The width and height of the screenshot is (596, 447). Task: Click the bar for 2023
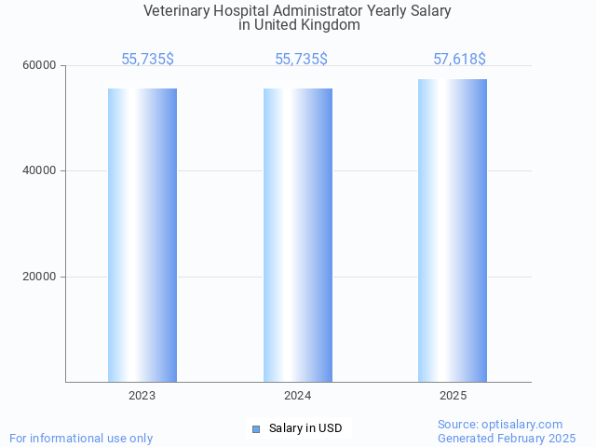point(142,235)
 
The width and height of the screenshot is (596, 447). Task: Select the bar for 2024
point(298,235)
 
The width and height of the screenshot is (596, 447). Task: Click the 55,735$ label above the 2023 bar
point(147,60)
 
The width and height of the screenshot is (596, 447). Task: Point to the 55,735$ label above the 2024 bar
point(301,60)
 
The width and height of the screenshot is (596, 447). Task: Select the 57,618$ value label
point(459,60)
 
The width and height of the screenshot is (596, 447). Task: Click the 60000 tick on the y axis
point(41,65)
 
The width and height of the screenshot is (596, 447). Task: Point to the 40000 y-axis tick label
point(41,171)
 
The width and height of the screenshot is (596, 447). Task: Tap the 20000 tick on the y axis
point(41,277)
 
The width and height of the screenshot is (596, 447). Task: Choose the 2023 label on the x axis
point(142,396)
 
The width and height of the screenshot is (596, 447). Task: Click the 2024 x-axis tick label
point(298,396)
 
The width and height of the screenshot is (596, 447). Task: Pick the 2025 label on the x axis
point(453,396)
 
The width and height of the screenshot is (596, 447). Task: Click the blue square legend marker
point(255,428)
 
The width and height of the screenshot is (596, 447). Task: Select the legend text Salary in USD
point(305,428)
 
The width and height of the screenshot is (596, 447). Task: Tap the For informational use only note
point(81,438)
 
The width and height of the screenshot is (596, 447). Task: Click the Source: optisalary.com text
point(500,425)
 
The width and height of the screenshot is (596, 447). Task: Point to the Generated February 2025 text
point(507,438)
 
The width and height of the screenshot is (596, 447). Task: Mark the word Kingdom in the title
point(330,25)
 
